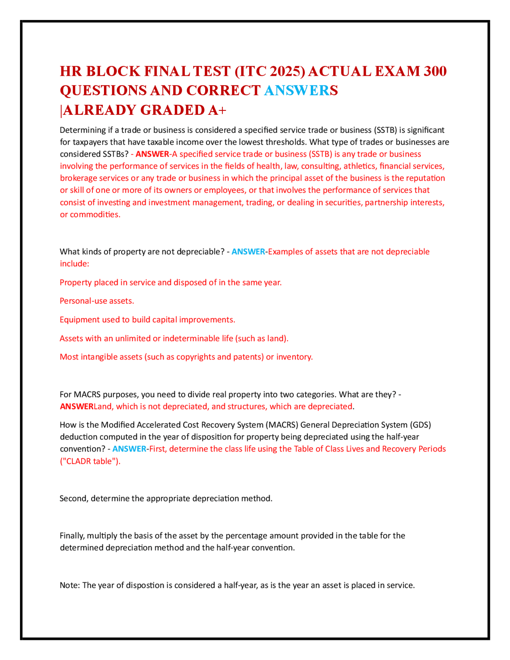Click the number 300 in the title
point(435,71)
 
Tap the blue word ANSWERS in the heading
point(301,90)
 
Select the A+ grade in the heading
point(217,110)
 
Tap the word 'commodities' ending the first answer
point(95,214)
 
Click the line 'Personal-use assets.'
point(97,301)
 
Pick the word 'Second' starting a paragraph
point(73,499)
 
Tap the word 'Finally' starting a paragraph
point(72,536)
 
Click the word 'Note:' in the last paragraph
point(70,585)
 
